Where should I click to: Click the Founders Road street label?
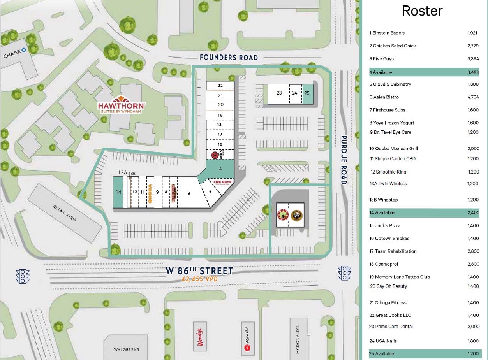229,58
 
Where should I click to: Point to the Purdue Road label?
344,160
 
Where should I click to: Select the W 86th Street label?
199,271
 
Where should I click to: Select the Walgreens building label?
126,349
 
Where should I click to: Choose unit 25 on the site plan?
307,93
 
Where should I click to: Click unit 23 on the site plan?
279,93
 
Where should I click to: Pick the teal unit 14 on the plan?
118,192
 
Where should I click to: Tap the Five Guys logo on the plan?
222,182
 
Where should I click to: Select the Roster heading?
422,11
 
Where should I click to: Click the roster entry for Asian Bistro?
386,97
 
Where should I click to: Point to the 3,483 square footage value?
473,72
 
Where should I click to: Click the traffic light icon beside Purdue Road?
345,273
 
